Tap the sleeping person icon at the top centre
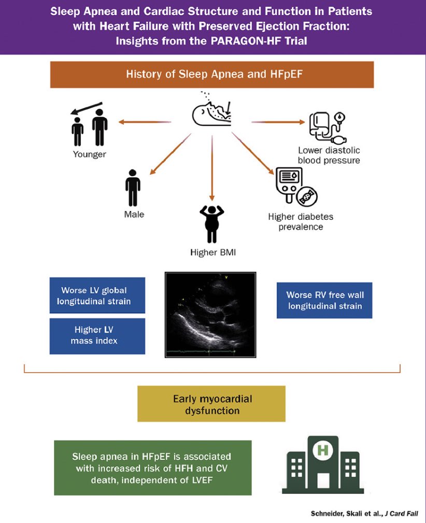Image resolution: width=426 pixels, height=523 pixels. click(211, 109)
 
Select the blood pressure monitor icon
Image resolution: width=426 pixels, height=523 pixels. click(328, 128)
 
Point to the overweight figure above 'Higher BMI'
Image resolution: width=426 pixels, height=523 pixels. click(211, 224)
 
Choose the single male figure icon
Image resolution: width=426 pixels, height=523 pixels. click(133, 188)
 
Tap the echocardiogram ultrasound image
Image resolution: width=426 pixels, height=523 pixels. click(210, 314)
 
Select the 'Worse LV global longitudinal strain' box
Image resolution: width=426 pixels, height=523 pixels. click(97, 295)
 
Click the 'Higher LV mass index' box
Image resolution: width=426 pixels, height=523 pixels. click(97, 336)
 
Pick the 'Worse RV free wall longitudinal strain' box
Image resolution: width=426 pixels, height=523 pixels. click(324, 300)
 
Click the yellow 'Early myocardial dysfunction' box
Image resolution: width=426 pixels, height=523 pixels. click(211, 404)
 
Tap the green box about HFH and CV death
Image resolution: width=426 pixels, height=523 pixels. click(152, 468)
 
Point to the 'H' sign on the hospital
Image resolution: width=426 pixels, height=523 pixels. click(322, 449)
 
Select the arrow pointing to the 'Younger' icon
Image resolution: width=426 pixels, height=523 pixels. click(144, 122)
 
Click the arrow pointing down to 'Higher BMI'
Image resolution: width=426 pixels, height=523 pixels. click(211, 166)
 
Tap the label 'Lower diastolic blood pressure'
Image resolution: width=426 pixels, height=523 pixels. click(329, 155)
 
